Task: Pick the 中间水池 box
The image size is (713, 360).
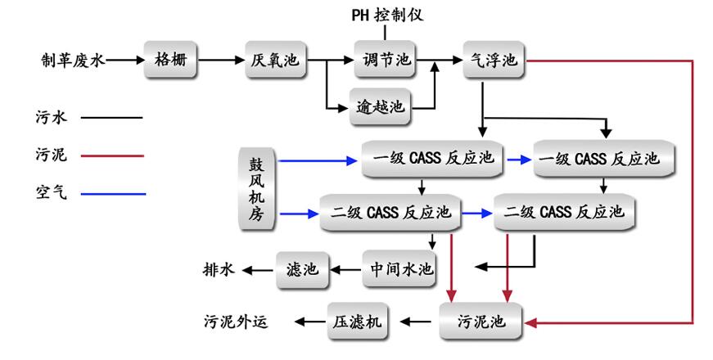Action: coord(399,268)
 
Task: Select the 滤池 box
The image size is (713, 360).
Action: coord(302,268)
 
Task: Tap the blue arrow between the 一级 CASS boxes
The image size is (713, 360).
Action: coord(517,159)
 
